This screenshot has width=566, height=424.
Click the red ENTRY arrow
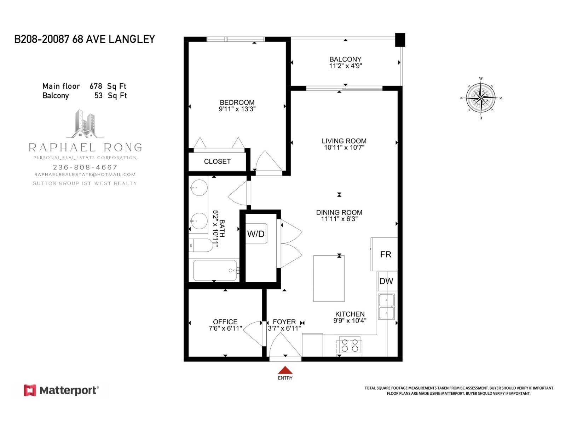(x=285, y=370)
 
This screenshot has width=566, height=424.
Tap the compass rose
(x=480, y=97)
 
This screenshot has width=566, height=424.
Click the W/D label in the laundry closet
(x=255, y=234)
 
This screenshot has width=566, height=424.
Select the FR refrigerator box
(x=385, y=254)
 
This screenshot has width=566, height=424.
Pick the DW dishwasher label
(x=386, y=281)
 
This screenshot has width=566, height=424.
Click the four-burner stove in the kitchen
(x=350, y=345)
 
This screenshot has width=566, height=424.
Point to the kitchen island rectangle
(x=329, y=278)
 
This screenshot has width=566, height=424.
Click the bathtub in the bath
(x=215, y=270)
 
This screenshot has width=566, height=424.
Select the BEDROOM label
(x=237, y=102)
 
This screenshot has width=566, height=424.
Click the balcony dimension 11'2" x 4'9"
(x=345, y=66)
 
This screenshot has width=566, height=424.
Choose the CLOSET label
(x=217, y=161)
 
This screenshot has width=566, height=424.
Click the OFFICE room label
(x=225, y=322)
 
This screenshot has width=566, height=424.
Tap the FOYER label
(x=284, y=322)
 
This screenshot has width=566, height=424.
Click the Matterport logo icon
(x=30, y=390)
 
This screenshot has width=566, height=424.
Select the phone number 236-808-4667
(x=85, y=167)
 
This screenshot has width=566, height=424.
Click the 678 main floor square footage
(x=96, y=86)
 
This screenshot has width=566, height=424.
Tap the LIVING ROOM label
(x=344, y=141)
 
